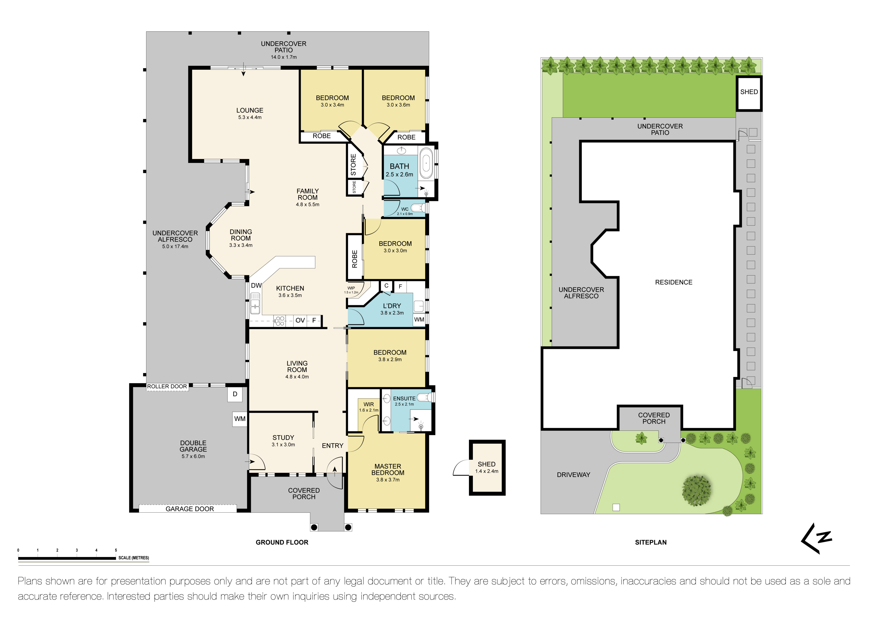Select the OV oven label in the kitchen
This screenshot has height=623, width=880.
tap(300, 320)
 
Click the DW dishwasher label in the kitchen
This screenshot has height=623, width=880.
tap(256, 285)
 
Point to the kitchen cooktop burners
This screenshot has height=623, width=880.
tap(280, 321)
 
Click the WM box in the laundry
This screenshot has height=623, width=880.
tap(419, 320)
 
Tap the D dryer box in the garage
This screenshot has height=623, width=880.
tap(235, 394)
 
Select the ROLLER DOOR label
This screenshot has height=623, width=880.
tap(167, 386)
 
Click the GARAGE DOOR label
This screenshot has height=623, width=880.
tap(190, 509)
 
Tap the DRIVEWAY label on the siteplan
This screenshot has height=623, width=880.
tap(573, 475)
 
